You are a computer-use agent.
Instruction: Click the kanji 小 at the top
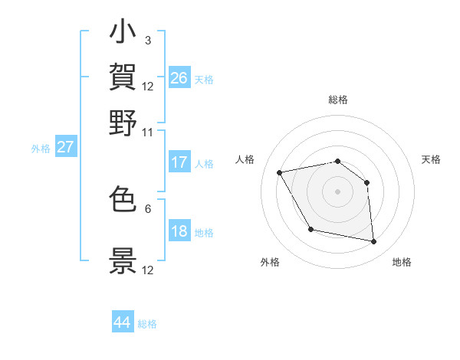pyautogui.click(x=123, y=35)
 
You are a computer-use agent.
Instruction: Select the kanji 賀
pyautogui.click(x=123, y=77)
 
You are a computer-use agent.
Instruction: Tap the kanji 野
pyautogui.click(x=123, y=123)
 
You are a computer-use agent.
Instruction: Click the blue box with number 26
pyautogui.click(x=179, y=77)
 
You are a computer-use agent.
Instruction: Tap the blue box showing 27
pyautogui.click(x=64, y=147)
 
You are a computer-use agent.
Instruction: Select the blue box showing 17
pyautogui.click(x=179, y=162)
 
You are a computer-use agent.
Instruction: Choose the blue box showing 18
pyautogui.click(x=179, y=231)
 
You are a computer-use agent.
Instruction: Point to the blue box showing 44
pyautogui.click(x=123, y=322)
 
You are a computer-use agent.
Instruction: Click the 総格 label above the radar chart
pyautogui.click(x=338, y=100)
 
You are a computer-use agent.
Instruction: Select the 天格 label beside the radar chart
pyautogui.click(x=432, y=159)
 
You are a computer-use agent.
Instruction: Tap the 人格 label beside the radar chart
pyautogui.click(x=245, y=159)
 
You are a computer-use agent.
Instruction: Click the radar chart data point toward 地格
pyautogui.click(x=374, y=242)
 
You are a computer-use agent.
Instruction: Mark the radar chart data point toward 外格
pyautogui.click(x=310, y=229)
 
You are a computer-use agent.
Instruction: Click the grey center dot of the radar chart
pyautogui.click(x=338, y=191)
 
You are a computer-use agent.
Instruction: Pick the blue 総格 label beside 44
pyautogui.click(x=148, y=324)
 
